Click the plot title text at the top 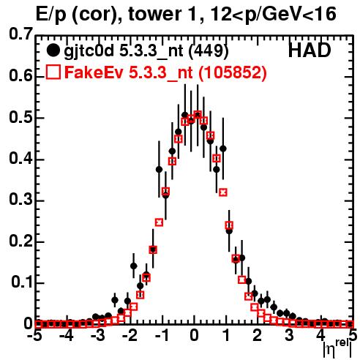186,15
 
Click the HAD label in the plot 310,50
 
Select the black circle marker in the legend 53,50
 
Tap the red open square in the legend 53,72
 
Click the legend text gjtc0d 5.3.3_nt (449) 146,51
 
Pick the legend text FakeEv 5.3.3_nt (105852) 165,72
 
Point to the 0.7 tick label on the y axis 20,34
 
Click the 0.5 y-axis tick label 20,118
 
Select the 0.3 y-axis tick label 20,200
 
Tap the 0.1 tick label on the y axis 21,282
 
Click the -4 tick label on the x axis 67,335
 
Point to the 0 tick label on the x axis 194,335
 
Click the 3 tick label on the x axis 290,335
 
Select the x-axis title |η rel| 337,350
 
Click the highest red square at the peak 198,114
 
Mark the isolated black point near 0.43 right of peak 222,149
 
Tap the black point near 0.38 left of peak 159,170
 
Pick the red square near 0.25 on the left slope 159,222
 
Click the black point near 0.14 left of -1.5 134,266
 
